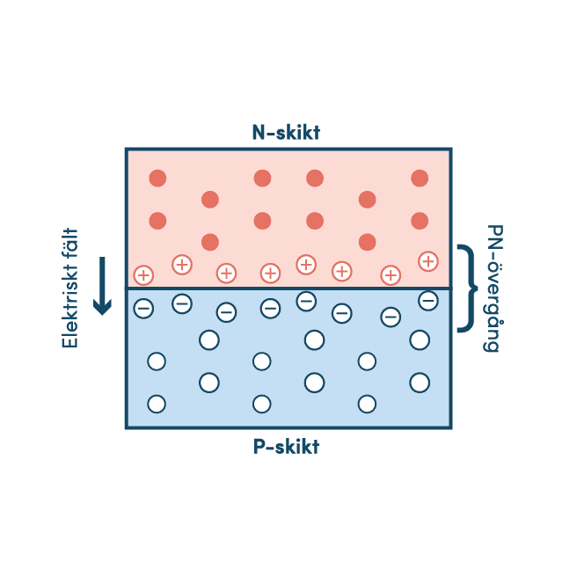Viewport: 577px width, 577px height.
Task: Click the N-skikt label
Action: [x=286, y=132]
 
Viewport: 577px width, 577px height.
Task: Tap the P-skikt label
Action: [x=286, y=446]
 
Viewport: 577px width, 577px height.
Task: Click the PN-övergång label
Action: [x=493, y=288]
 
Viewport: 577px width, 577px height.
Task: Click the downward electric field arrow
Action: [x=102, y=286]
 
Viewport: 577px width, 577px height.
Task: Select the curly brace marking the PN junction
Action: [x=467, y=288]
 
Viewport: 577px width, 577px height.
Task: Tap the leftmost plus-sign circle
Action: [x=143, y=275]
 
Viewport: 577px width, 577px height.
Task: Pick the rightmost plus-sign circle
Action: [x=428, y=261]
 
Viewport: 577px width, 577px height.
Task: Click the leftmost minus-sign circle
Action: [x=143, y=308]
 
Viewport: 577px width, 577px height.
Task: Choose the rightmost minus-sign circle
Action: [x=428, y=301]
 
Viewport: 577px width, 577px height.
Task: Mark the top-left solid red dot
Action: [x=157, y=178]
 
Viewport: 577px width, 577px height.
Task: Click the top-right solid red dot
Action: [x=420, y=178]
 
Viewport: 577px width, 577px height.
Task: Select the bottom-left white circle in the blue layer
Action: [x=157, y=404]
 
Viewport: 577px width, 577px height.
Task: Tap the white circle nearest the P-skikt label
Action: [x=261, y=404]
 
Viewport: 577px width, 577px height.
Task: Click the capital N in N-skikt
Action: [x=259, y=132]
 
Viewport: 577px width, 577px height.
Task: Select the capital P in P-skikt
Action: [x=259, y=446]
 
